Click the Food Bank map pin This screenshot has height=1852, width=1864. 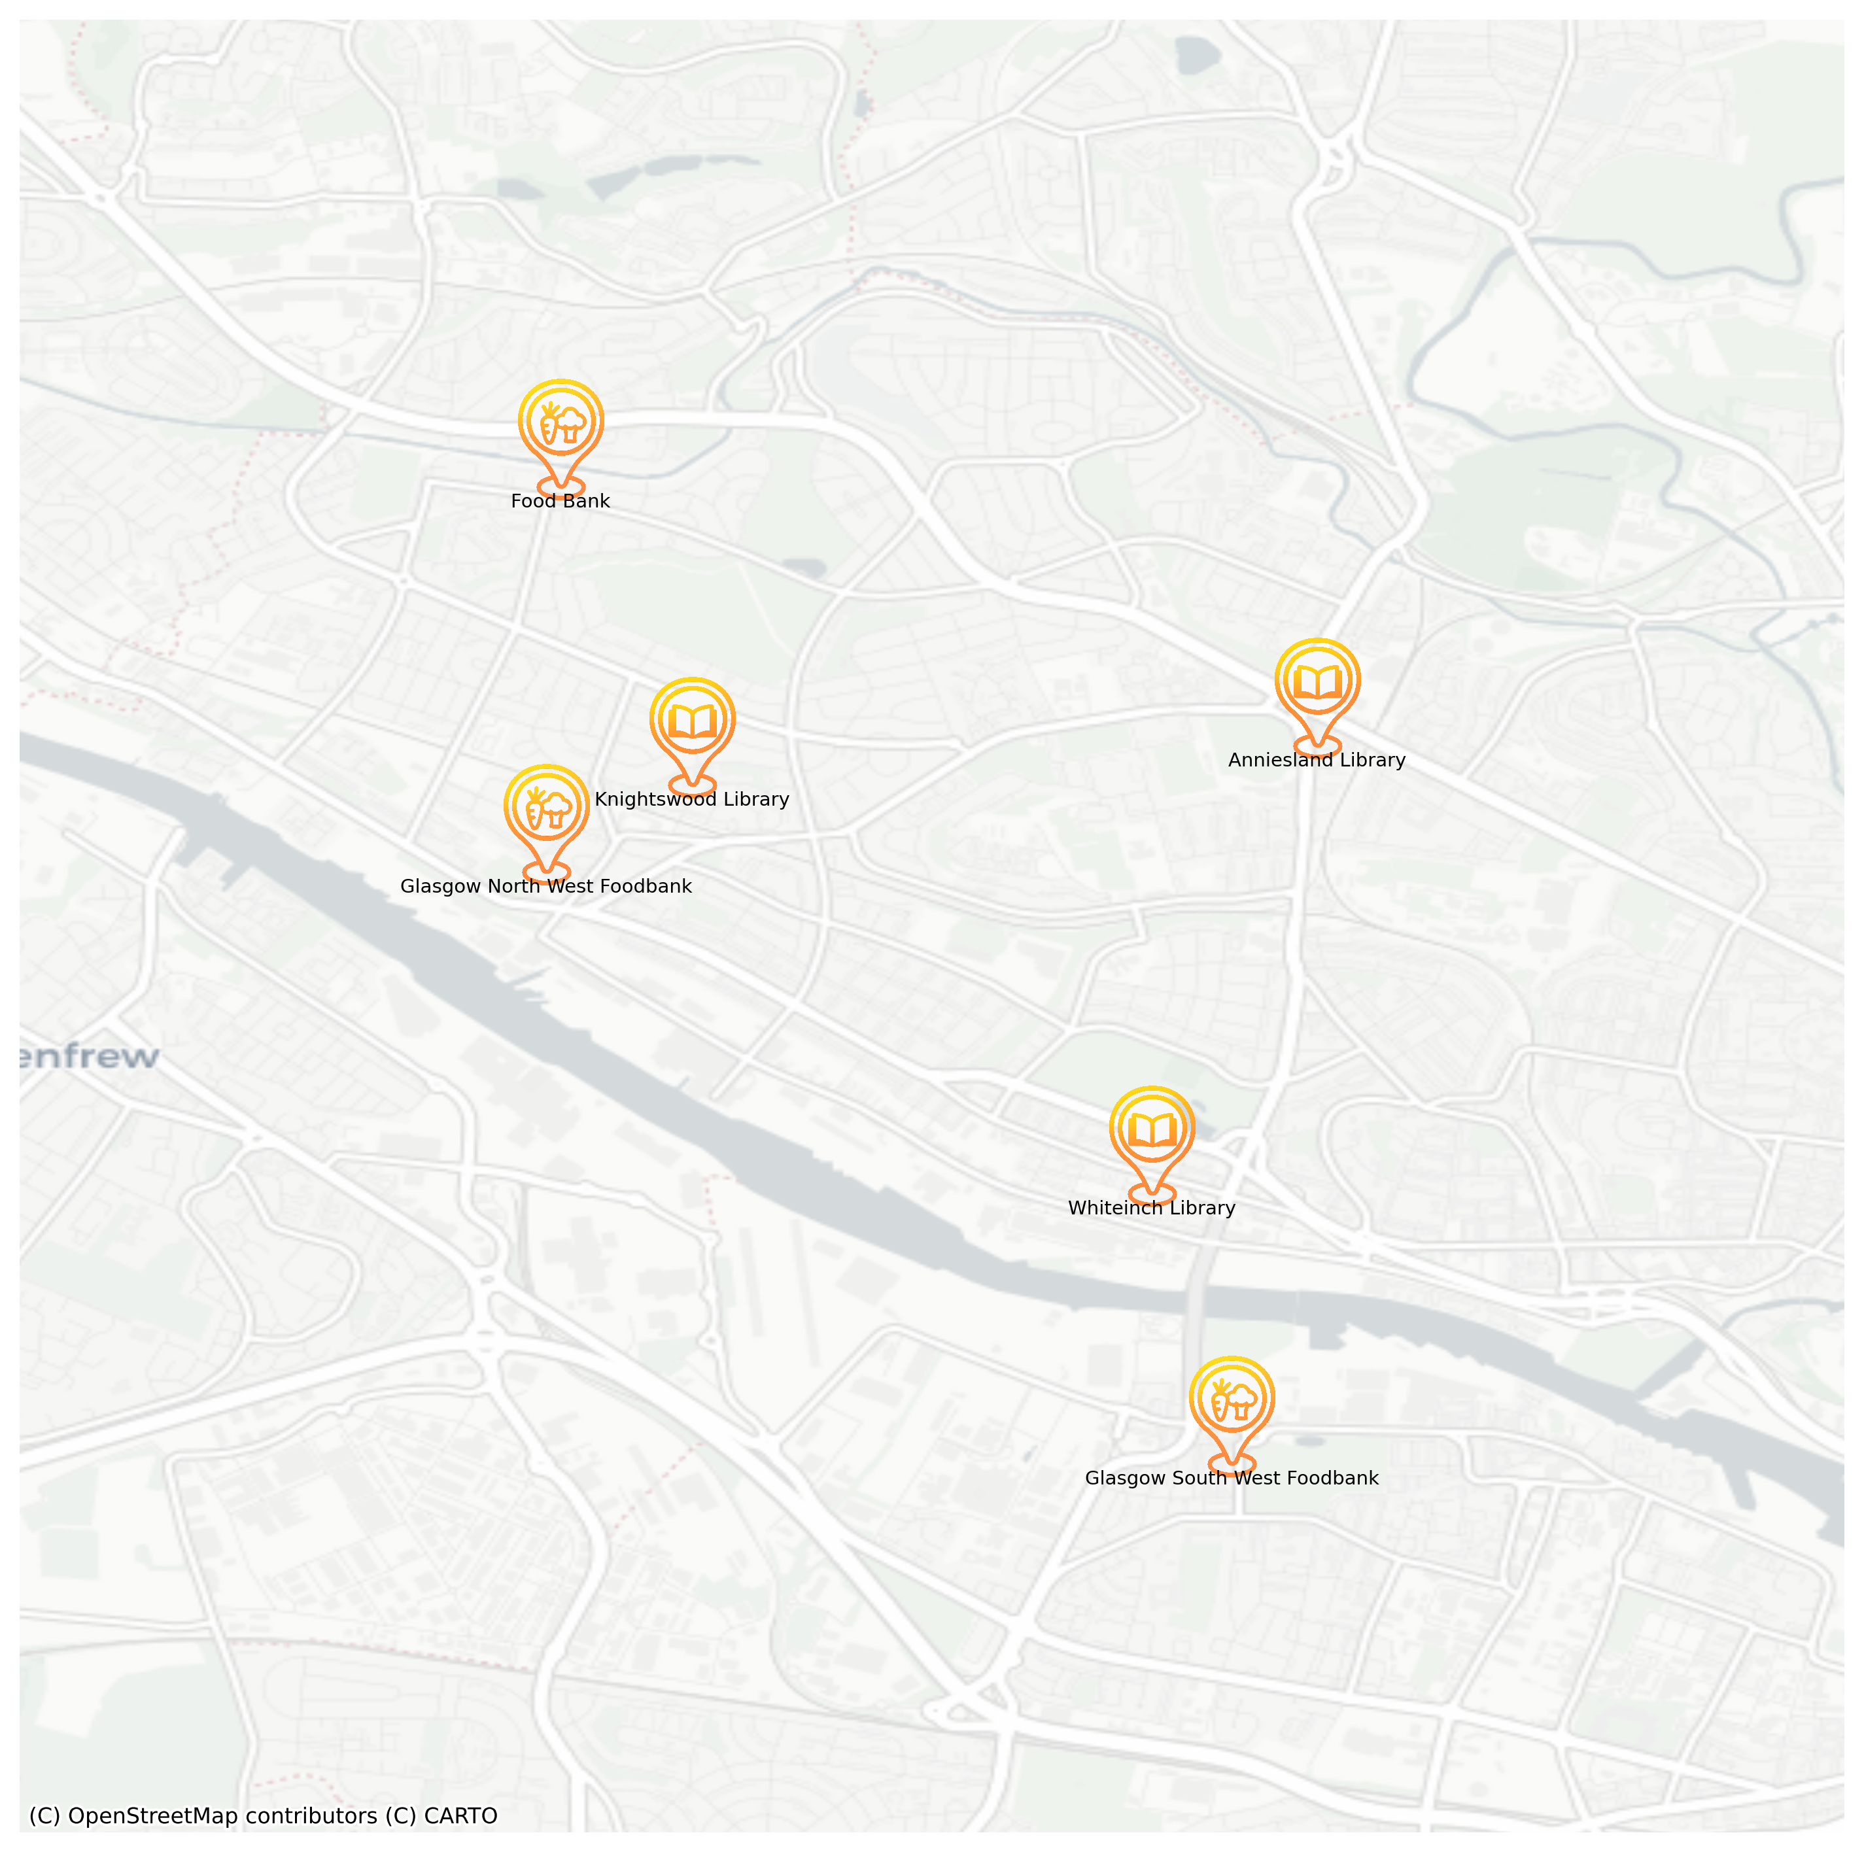click(x=561, y=428)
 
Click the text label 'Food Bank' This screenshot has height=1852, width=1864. click(x=561, y=502)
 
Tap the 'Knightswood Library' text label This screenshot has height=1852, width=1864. click(x=692, y=800)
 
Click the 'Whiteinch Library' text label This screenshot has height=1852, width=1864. click(x=1151, y=1209)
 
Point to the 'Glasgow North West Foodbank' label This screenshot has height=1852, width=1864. click(x=546, y=887)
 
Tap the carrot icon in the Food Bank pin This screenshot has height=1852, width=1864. click(x=549, y=424)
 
